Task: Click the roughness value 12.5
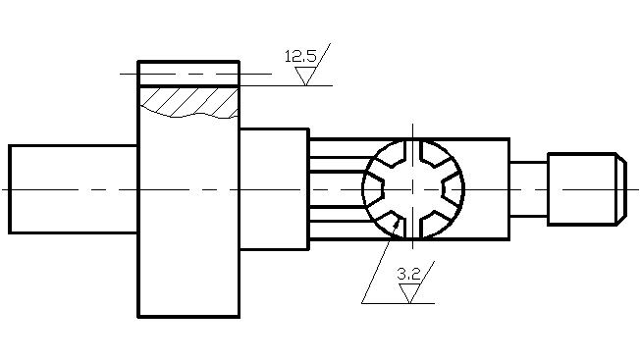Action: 300,56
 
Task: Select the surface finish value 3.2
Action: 408,274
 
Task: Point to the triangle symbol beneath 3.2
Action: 409,293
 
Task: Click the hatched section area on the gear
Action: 189,102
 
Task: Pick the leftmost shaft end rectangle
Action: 74,189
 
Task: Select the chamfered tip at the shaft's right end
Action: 621,189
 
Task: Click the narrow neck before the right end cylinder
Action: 528,189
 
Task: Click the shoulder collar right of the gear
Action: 274,189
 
